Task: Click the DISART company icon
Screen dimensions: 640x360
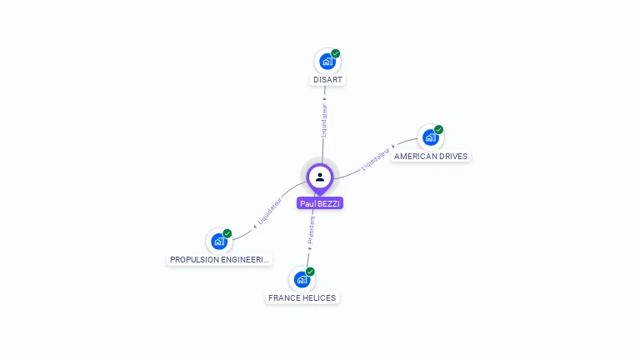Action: pos(327,62)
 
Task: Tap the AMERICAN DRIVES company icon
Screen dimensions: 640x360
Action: pos(430,137)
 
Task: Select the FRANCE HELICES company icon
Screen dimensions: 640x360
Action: pos(302,280)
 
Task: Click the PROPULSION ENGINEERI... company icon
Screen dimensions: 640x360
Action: pos(219,242)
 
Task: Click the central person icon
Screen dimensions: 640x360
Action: pos(320,177)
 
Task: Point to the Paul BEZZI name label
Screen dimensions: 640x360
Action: pos(320,203)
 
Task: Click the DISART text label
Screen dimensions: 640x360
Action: pos(327,80)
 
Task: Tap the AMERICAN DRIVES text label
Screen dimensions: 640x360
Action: pos(431,156)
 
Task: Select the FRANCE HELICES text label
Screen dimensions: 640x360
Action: pos(302,297)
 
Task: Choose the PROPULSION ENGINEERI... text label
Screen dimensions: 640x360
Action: pos(219,260)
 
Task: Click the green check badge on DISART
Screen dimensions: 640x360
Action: pos(336,53)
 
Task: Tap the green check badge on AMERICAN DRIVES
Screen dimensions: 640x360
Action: pos(439,129)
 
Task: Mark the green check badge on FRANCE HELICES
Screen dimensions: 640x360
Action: pos(310,272)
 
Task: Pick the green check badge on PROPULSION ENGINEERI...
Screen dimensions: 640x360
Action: pos(227,233)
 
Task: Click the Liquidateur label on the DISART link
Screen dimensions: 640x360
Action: pos(324,120)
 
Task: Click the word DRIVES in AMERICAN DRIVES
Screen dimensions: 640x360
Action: pos(453,156)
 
